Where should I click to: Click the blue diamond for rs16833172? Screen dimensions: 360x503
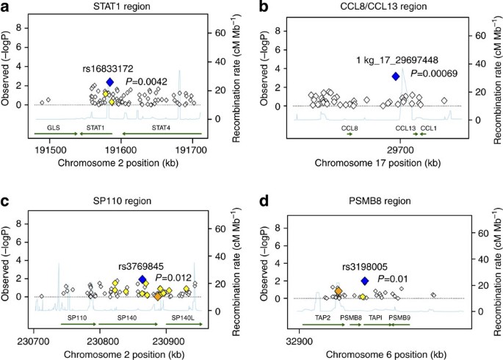(x=110, y=82)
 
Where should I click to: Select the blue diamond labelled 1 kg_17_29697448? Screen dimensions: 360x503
(x=396, y=76)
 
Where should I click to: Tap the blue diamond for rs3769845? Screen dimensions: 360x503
(x=143, y=280)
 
